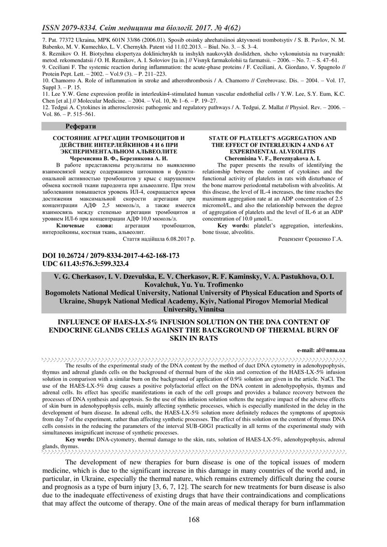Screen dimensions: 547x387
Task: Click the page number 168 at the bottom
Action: tap(193, 520)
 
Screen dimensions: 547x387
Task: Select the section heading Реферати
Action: tap(81, 126)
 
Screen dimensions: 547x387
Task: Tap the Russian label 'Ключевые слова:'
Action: tap(85, 226)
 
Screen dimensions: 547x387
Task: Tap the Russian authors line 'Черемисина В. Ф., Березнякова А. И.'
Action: tap(119, 157)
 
